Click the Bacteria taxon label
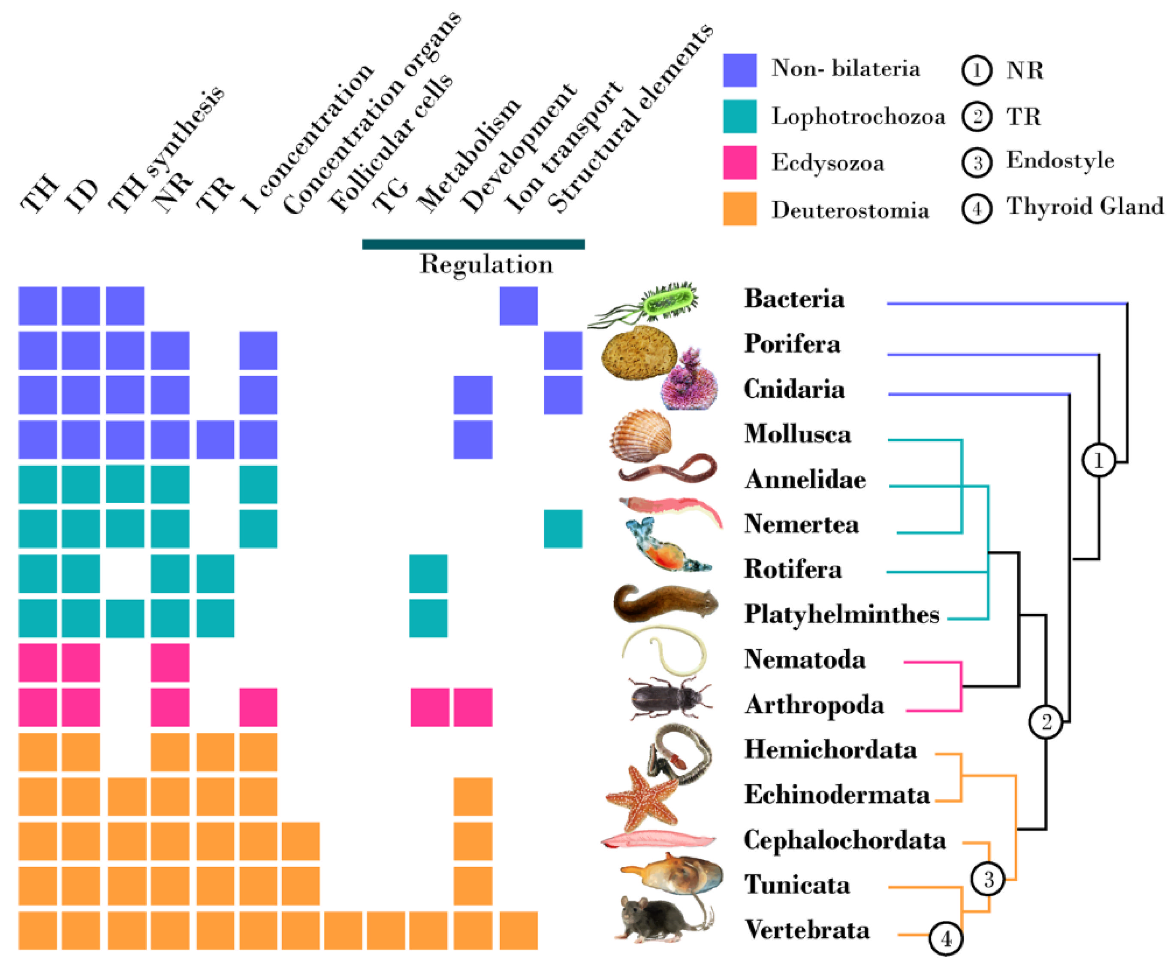point(793,299)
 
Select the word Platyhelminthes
point(841,614)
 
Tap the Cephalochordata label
point(844,840)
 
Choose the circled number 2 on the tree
point(1046,722)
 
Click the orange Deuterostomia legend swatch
point(739,209)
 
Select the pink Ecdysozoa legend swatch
point(739,163)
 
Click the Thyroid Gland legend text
point(1084,206)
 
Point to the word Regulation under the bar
point(486,264)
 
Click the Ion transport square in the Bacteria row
point(519,306)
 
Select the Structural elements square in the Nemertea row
point(563,528)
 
